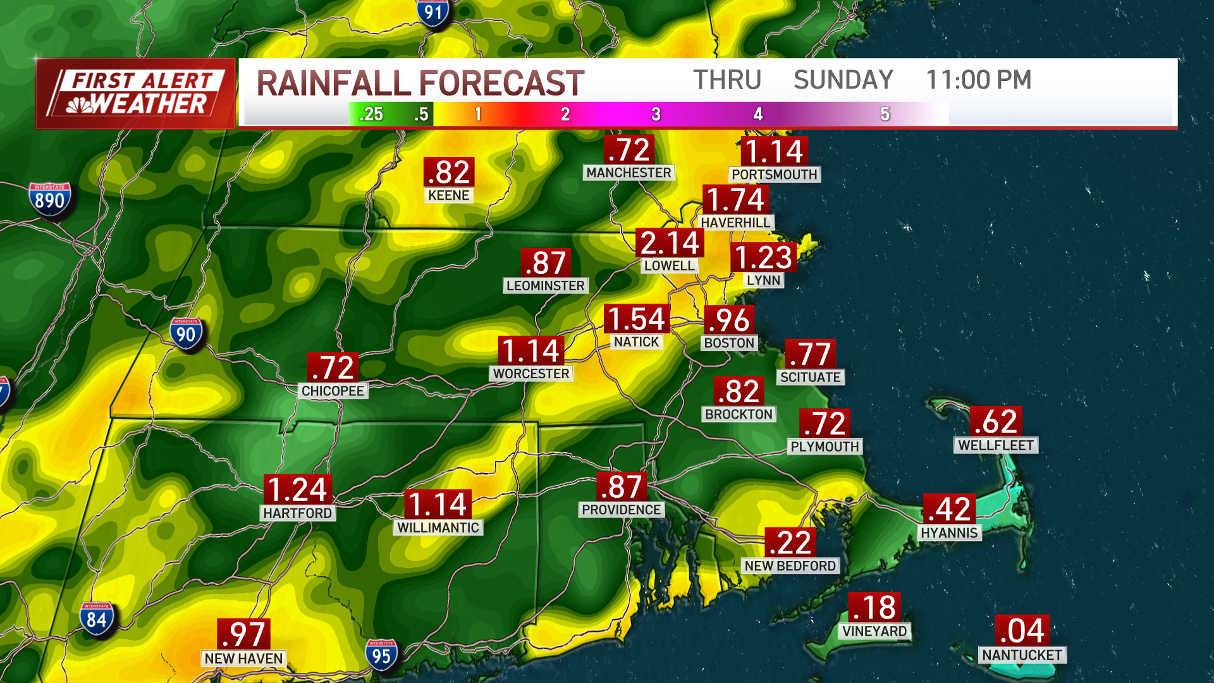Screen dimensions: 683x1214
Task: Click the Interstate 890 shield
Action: coord(49,200)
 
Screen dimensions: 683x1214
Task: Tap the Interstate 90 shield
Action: coord(186,334)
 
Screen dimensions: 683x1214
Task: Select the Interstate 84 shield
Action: coord(96,618)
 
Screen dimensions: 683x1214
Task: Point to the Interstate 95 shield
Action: coord(381,655)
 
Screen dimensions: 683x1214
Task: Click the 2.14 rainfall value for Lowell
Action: coord(670,243)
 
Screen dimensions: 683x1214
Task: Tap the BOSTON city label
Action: coord(729,343)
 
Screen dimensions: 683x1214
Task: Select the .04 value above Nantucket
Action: coord(1022,630)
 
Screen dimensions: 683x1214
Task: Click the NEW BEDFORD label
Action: coord(790,565)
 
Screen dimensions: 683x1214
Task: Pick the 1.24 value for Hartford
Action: coord(297,489)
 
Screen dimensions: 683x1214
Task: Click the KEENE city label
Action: coord(448,195)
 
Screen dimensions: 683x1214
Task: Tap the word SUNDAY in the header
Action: coord(843,80)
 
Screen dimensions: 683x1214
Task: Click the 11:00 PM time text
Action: coord(978,80)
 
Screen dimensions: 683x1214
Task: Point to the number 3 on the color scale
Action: coord(656,114)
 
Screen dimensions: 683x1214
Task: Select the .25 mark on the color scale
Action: coord(371,114)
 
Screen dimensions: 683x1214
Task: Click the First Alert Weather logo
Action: coord(136,94)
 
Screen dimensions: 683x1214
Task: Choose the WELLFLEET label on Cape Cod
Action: coord(995,445)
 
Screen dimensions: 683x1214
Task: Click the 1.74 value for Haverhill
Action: coord(735,200)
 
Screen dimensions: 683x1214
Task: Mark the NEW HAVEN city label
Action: coord(243,658)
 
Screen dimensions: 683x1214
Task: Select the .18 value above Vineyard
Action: coord(874,607)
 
